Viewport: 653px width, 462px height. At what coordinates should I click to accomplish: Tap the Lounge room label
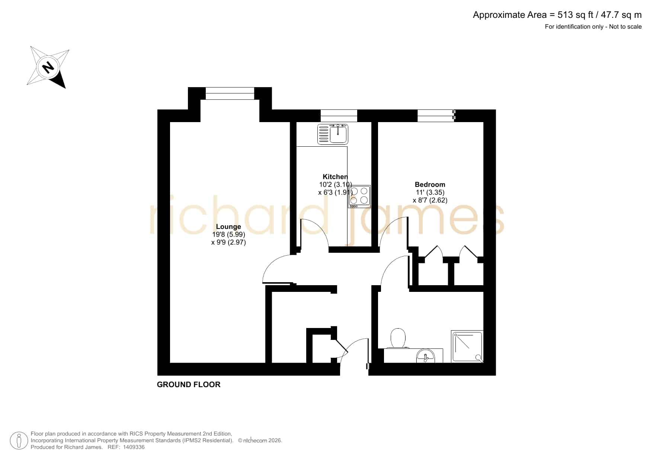228,227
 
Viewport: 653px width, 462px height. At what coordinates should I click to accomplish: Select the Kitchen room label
335,177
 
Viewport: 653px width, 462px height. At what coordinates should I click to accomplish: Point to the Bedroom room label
430,185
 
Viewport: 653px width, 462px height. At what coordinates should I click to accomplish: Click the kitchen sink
333,134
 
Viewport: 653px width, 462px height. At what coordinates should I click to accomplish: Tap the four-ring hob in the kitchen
359,196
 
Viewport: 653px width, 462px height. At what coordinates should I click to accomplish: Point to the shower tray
467,346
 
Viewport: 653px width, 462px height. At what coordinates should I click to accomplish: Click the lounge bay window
230,93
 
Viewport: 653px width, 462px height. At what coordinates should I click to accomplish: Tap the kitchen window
339,116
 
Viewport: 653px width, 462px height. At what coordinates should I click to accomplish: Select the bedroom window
436,116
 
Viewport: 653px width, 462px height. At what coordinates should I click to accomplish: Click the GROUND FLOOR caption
189,385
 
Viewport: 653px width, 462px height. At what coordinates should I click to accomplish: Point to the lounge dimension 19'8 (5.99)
228,235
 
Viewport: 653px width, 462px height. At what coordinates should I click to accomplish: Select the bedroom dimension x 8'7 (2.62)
430,200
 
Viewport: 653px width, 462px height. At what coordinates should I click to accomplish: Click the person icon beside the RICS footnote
19,441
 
